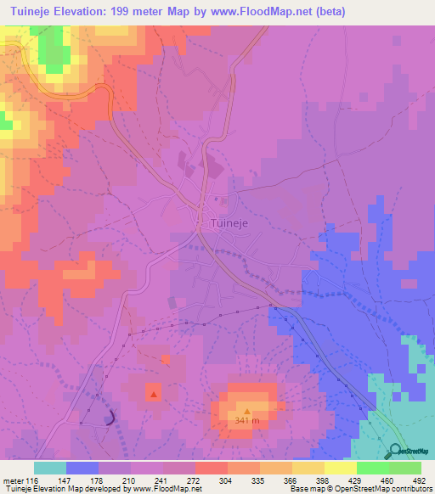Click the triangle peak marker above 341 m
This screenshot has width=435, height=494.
click(x=247, y=412)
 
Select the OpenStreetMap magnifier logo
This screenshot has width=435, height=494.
click(x=394, y=452)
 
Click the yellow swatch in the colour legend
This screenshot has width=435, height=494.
click(x=341, y=468)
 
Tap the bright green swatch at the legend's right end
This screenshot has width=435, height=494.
click(x=405, y=468)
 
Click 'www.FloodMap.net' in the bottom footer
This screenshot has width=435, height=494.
click(x=165, y=489)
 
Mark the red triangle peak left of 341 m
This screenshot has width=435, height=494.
click(x=153, y=394)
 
